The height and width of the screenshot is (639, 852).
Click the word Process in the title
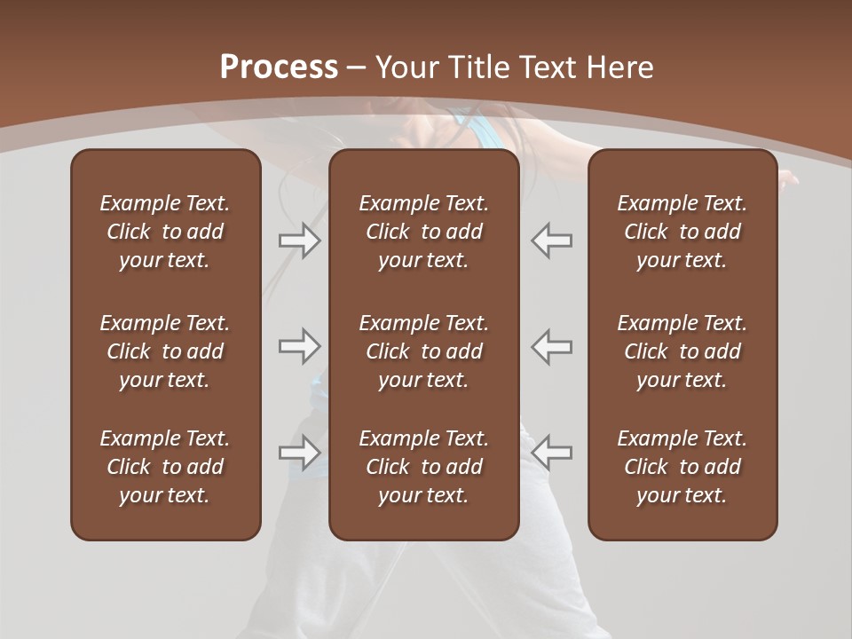278,67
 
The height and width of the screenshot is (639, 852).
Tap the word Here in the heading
621,67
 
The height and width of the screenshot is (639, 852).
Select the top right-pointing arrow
299,241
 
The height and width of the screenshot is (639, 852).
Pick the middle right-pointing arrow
299,346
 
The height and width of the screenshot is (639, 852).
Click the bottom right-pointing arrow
299,453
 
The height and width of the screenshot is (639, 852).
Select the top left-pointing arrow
552,241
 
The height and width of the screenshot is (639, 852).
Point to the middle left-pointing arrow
552,346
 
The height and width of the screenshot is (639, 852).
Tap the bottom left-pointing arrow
552,453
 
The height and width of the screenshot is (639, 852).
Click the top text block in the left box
165,232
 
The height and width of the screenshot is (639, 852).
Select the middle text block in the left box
165,351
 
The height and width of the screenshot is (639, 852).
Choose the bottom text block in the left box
165,467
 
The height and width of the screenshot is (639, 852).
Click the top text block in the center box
423,232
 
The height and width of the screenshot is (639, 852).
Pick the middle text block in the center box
423,351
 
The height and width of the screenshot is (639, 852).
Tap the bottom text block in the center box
423,467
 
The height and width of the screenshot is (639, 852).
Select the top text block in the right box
682,232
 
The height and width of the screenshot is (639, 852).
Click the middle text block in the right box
682,351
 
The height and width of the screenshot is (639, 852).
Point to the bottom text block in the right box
682,467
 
